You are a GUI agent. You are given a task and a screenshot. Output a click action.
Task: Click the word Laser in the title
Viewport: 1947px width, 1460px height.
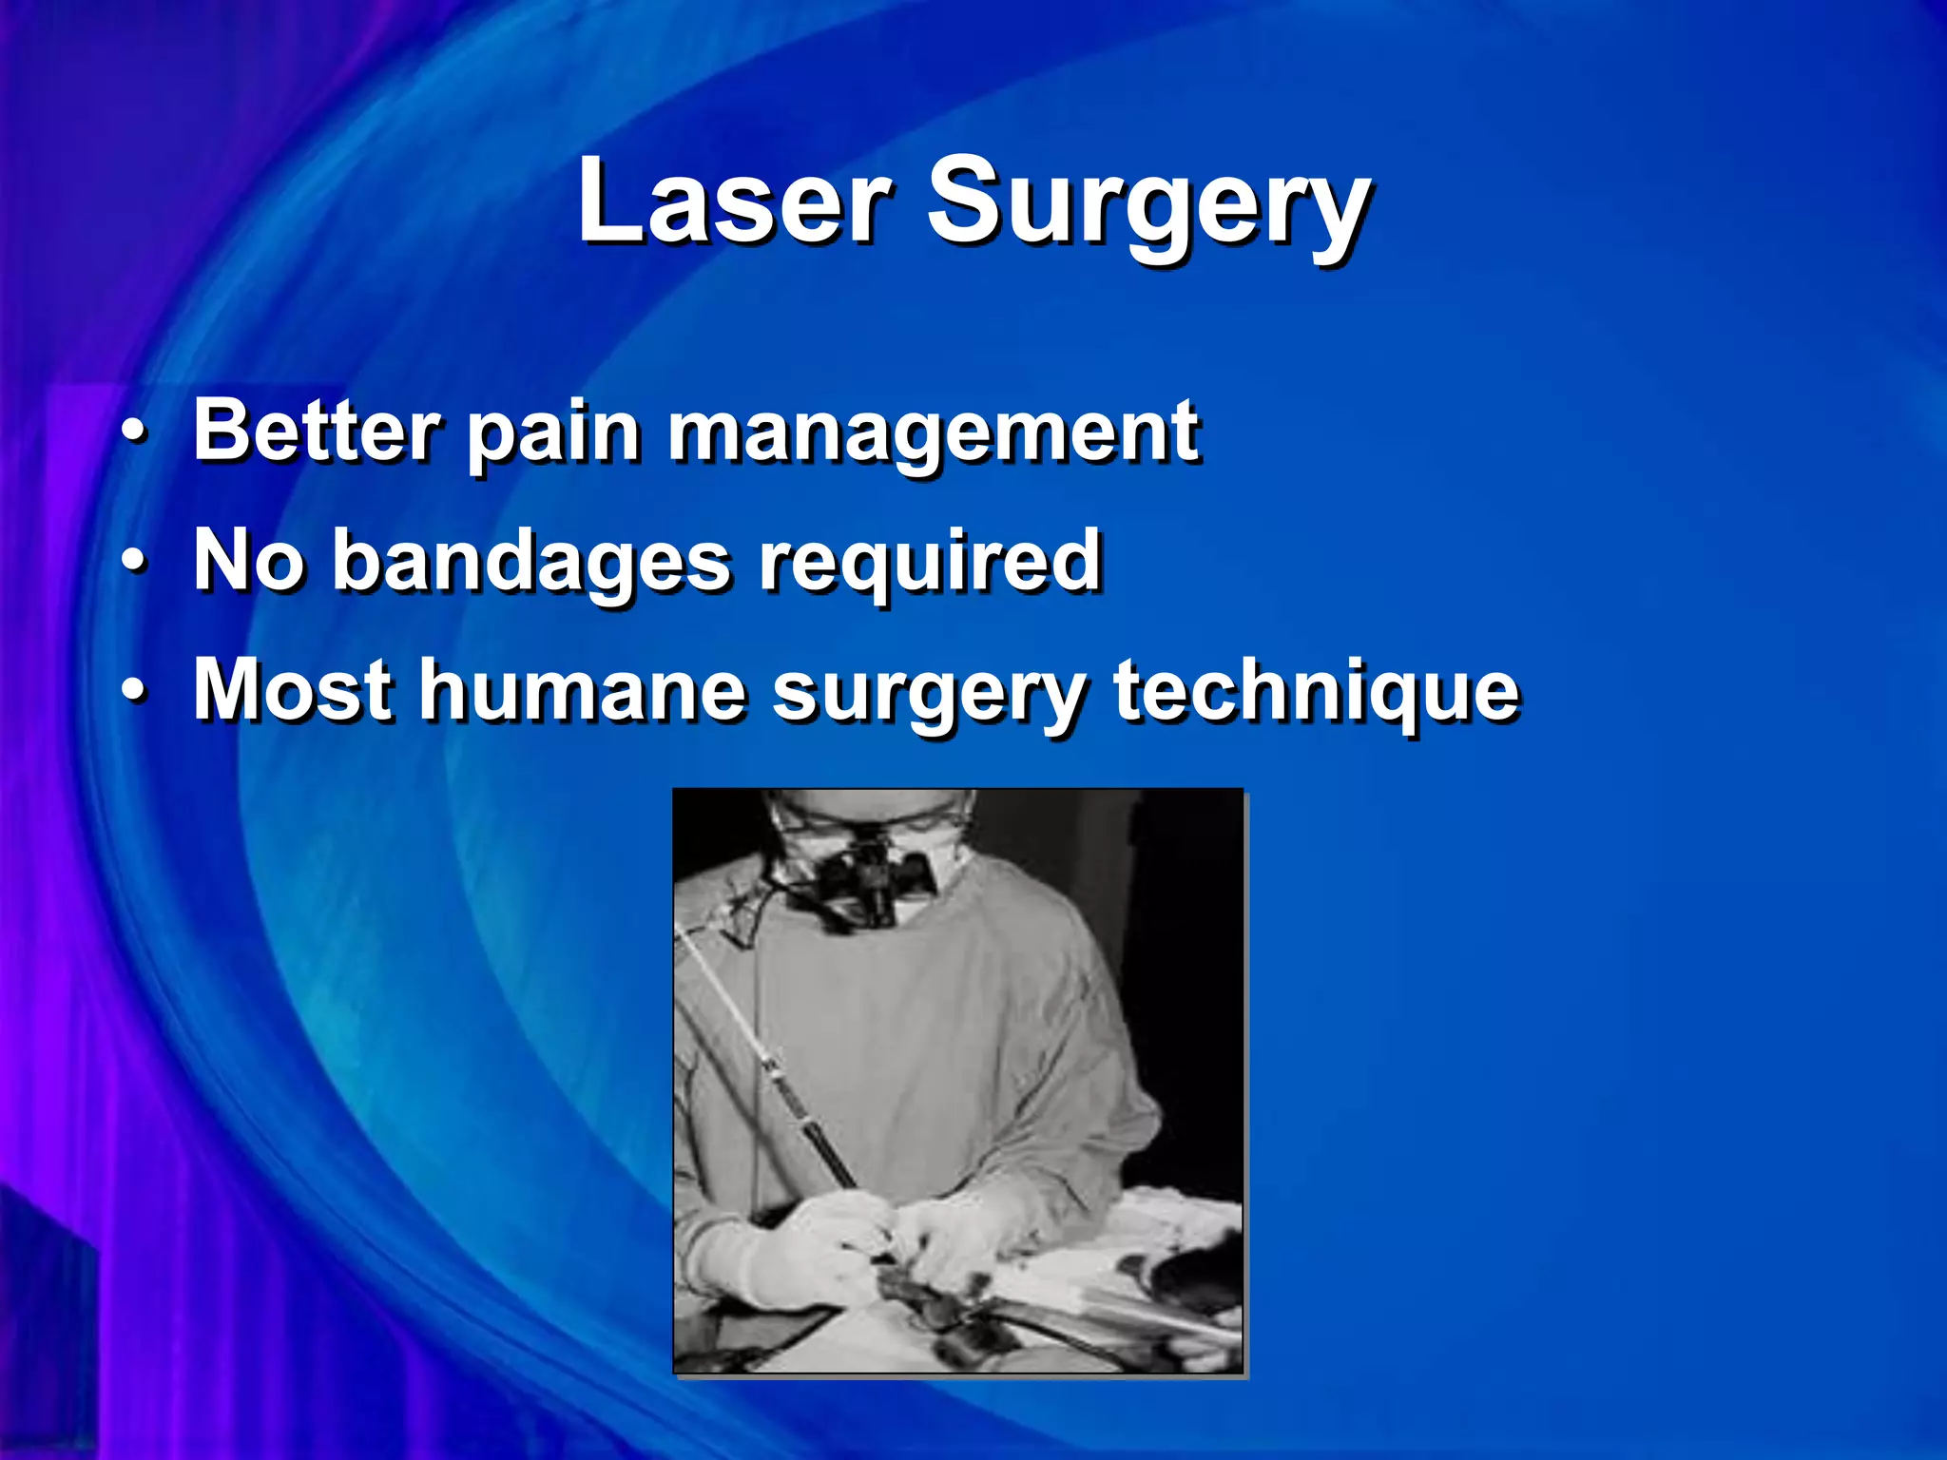click(733, 202)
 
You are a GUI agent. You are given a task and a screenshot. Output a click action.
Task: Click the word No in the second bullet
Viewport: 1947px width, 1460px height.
click(248, 560)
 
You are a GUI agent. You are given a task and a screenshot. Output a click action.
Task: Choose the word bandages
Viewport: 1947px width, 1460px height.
click(532, 563)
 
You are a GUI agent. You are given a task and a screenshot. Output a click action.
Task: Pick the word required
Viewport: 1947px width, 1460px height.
click(929, 563)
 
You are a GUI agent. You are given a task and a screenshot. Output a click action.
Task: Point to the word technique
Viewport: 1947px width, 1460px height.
click(1316, 692)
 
